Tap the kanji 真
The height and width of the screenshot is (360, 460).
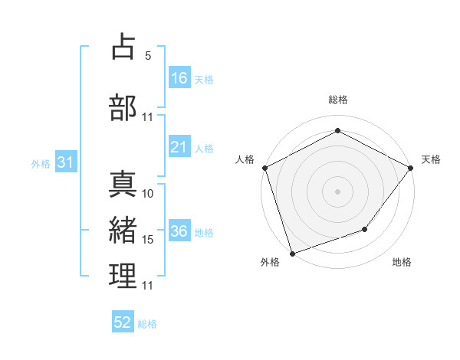click(x=123, y=184)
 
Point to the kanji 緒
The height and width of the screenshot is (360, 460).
click(x=123, y=228)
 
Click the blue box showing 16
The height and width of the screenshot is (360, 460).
click(x=179, y=78)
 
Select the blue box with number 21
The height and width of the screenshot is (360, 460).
click(x=179, y=148)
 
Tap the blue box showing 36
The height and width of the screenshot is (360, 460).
click(x=179, y=232)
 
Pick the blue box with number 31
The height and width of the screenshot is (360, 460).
click(x=65, y=163)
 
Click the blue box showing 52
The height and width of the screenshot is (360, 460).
click(x=123, y=322)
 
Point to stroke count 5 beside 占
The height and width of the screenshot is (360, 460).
click(x=147, y=56)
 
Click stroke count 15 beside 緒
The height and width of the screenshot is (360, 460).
click(x=148, y=240)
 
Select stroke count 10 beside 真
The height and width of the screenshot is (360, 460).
click(x=148, y=194)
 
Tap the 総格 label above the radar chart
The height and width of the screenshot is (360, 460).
click(x=337, y=100)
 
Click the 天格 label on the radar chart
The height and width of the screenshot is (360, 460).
click(x=432, y=159)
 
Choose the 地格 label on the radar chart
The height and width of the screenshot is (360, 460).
click(x=402, y=262)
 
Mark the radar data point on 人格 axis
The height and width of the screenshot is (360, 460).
click(x=264, y=168)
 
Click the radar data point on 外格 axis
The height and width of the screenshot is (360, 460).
click(x=292, y=252)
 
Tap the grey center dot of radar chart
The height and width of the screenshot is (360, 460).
click(x=337, y=191)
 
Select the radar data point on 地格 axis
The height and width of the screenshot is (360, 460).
click(x=365, y=229)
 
